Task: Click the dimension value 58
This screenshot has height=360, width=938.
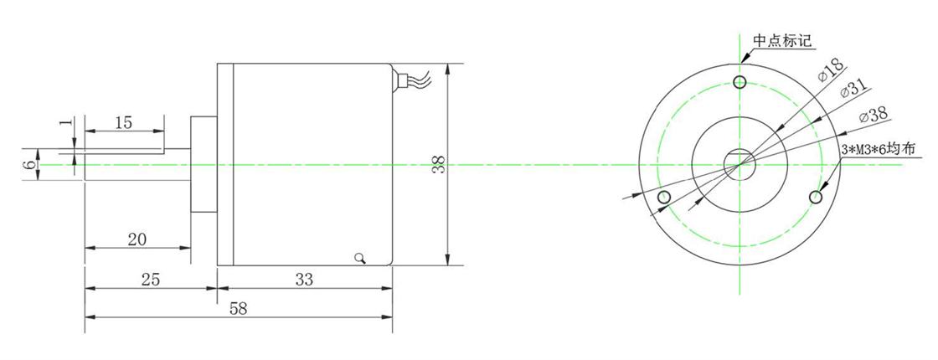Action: click(x=238, y=308)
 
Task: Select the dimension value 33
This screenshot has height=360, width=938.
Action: click(x=305, y=279)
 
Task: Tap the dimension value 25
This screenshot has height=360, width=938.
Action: click(x=150, y=279)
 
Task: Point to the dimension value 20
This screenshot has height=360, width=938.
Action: click(x=137, y=239)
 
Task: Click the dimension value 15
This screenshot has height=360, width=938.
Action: click(x=123, y=122)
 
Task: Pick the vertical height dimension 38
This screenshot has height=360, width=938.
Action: click(x=437, y=164)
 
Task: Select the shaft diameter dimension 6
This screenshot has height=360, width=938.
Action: click(x=29, y=165)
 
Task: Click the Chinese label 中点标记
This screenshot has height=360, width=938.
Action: click(x=782, y=40)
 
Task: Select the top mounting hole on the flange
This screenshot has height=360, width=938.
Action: click(x=739, y=81)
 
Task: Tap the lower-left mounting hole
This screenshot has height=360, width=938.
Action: click(x=665, y=198)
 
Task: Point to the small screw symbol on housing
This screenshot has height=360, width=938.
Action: click(x=361, y=258)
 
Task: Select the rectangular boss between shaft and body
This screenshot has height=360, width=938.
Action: click(x=204, y=165)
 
